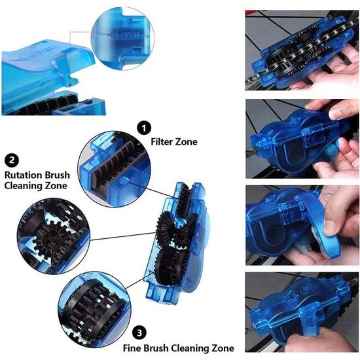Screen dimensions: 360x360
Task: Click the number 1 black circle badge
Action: click(x=144, y=128)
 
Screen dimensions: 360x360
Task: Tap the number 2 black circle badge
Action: click(x=12, y=160)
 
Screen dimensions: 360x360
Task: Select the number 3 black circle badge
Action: click(x=139, y=333)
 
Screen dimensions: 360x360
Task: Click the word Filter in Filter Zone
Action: click(x=162, y=141)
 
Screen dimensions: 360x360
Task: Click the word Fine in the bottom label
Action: click(x=132, y=348)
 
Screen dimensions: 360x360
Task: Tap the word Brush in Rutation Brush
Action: click(x=57, y=175)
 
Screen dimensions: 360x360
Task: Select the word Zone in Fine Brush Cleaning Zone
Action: click(x=223, y=348)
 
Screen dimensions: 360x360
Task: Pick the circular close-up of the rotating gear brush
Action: click(x=54, y=236)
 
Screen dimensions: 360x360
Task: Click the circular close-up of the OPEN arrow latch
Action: click(x=122, y=39)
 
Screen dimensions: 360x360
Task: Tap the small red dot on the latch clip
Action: click(x=70, y=85)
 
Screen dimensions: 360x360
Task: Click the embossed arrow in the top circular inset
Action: click(x=112, y=34)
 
